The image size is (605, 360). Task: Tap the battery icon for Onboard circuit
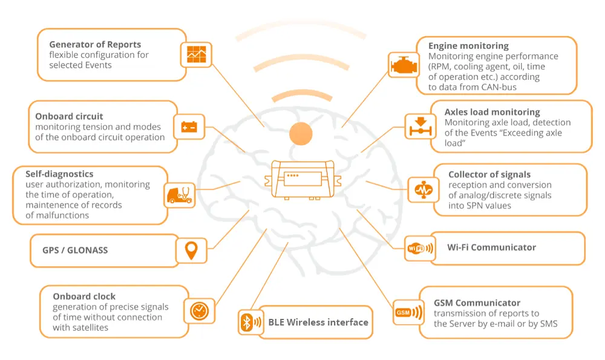coord(188,127)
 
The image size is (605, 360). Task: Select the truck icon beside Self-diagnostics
coord(180,195)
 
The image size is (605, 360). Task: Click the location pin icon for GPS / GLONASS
coord(191,250)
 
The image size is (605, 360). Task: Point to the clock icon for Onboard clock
coord(198,311)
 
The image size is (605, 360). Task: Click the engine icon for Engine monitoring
coord(402,65)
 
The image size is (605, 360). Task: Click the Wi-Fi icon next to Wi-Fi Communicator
coord(419,248)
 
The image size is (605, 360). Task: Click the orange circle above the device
coord(301,133)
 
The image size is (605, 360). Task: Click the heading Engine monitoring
coord(468,46)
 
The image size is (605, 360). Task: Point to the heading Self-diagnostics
coord(59,174)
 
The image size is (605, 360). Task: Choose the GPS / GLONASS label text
coord(75,250)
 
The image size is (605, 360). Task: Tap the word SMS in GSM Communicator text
coord(546,324)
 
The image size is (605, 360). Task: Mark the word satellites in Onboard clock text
coord(88,327)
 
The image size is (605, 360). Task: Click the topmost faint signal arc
coord(301,27)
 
